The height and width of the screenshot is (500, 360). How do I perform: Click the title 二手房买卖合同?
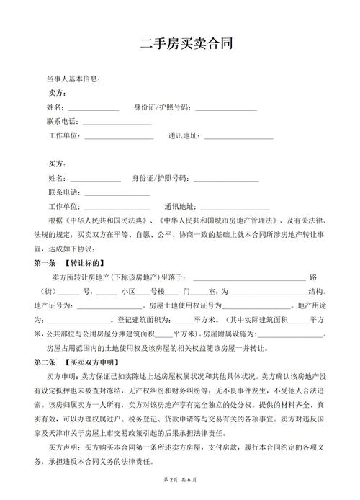point(186,44)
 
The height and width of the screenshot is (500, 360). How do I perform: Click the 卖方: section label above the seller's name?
point(58,93)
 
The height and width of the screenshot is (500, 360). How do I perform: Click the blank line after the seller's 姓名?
point(94,108)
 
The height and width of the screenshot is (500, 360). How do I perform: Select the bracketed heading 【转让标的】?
point(85,262)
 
